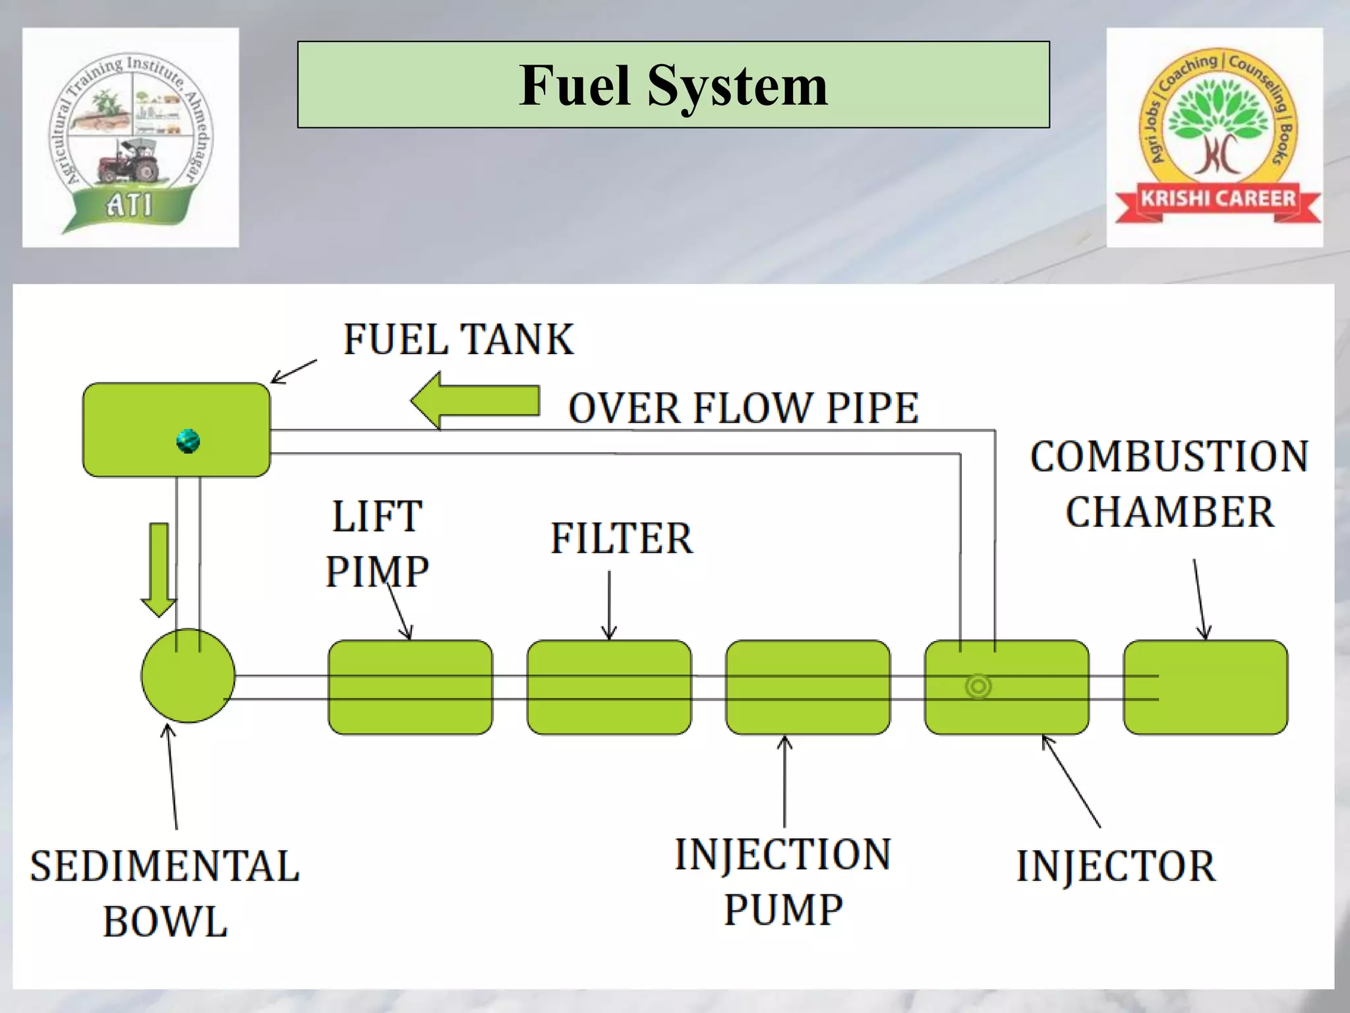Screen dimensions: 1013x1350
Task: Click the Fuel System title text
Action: tap(673, 86)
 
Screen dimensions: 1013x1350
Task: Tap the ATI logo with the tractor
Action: tap(131, 137)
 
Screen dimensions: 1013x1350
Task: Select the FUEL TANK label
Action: tap(458, 340)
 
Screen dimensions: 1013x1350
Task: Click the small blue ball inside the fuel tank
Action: tap(189, 441)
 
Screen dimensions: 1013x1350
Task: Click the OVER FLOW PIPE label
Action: tap(743, 408)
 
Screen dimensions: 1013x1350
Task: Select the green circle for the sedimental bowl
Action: tap(188, 675)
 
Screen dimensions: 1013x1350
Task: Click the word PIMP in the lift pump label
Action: tap(377, 571)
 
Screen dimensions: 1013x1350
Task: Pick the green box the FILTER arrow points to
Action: tap(609, 687)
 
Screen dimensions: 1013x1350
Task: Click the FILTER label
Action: tap(622, 538)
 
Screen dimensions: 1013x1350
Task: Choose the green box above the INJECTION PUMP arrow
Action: tap(807, 687)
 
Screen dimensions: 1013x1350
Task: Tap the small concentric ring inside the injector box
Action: tap(978, 687)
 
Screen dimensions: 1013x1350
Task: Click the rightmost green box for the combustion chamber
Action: tap(1205, 687)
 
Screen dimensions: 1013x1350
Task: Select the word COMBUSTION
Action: tap(1169, 456)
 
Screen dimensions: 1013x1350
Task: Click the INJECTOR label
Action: tap(1115, 866)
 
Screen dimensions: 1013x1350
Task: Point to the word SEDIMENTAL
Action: tap(165, 866)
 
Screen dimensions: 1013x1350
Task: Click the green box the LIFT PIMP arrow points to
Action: tap(410, 687)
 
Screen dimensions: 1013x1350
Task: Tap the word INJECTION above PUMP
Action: tap(782, 855)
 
